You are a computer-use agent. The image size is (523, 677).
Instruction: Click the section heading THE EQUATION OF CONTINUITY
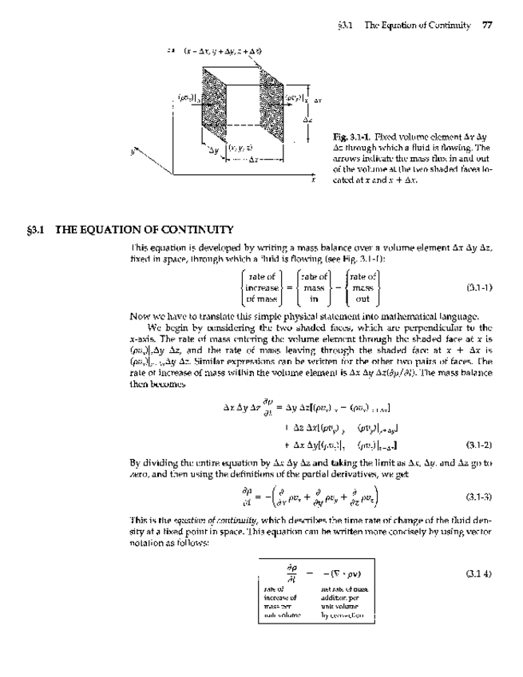[143, 230]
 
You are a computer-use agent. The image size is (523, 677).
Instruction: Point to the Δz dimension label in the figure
[307, 119]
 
